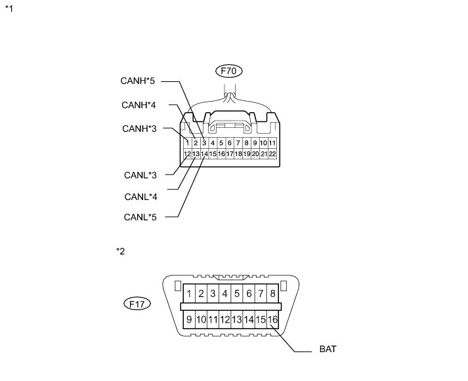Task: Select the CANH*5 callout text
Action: (138, 81)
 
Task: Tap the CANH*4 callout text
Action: (138, 105)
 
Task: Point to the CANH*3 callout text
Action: (139, 129)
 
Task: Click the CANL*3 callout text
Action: (140, 175)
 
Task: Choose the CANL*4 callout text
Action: (140, 196)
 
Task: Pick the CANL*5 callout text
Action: (140, 216)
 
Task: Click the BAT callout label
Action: (327, 350)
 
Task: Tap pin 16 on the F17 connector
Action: (273, 319)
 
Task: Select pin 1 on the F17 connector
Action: (189, 294)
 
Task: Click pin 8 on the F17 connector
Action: (273, 294)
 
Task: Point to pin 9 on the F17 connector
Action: (189, 319)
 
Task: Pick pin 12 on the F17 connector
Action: (224, 319)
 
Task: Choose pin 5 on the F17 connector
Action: (237, 294)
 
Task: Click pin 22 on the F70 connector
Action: (272, 154)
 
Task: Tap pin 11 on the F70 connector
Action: (272, 142)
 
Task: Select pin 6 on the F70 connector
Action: (229, 142)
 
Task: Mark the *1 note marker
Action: (9, 10)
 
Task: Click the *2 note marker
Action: (119, 251)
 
